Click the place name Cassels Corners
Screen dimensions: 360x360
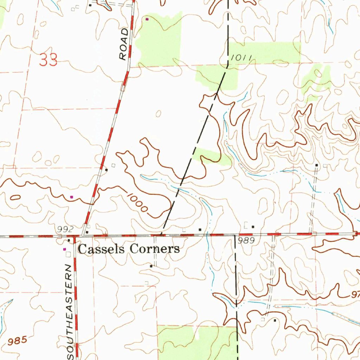coord(128,249)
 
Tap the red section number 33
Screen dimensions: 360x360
coord(49,60)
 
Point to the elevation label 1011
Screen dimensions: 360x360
coord(240,58)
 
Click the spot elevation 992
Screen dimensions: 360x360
coord(65,230)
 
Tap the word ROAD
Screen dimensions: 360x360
coord(123,44)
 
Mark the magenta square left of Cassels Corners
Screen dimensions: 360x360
coord(64,249)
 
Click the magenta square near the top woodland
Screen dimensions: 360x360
coord(147,19)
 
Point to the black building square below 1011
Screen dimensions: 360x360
coord(200,229)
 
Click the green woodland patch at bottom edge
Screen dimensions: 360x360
coord(197,343)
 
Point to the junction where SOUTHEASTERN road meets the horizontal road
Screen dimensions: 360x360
coord(74,237)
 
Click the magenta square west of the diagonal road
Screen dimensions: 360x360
coord(72,197)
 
